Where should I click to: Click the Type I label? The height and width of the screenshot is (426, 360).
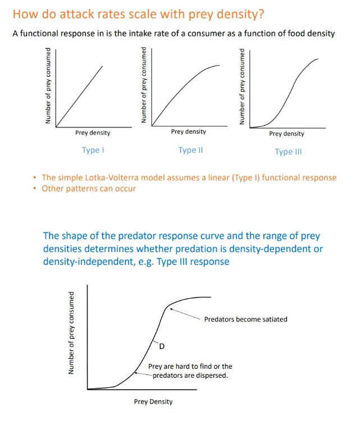point(93,150)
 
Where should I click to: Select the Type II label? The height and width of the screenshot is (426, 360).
point(190,150)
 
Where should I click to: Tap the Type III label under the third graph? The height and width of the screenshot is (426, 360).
point(288,152)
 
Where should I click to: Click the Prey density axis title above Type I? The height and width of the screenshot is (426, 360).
point(93,133)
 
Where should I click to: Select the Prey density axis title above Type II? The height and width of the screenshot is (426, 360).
point(188,131)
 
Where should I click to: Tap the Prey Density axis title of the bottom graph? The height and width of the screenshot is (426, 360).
point(153,401)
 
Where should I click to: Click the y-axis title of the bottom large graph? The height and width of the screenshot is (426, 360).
point(72,333)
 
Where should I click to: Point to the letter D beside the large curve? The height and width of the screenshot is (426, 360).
point(162,345)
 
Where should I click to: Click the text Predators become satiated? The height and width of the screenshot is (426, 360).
point(245,319)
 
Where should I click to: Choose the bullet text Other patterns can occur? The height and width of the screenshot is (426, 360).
point(89,188)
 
